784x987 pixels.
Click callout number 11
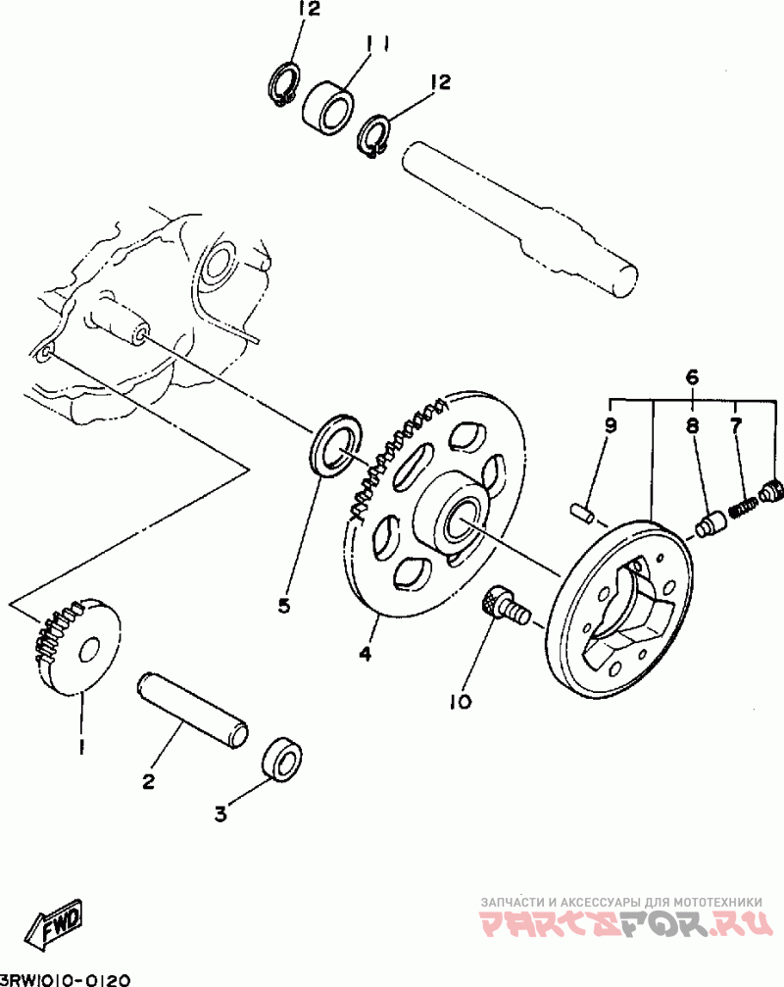point(377,45)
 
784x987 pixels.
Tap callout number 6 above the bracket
point(691,377)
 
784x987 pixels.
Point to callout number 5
point(284,606)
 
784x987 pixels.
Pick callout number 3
point(220,814)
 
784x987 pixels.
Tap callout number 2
point(148,782)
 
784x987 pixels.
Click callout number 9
point(611,426)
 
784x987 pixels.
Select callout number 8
point(692,426)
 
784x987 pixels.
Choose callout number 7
point(736,424)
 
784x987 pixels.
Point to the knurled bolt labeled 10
point(506,605)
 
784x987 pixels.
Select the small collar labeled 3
point(282,758)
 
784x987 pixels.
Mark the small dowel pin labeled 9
point(582,511)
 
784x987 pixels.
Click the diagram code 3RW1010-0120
point(65,979)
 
